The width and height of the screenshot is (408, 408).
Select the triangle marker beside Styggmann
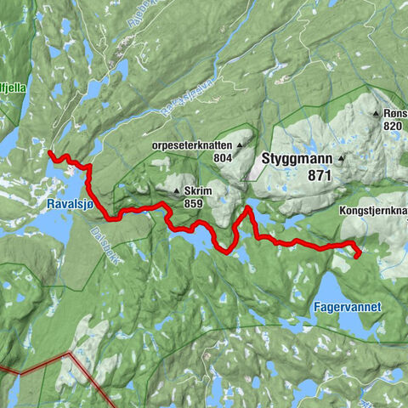click(x=342, y=158)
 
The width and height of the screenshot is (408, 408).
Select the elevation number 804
click(x=224, y=157)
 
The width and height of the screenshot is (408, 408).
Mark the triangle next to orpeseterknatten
click(x=241, y=145)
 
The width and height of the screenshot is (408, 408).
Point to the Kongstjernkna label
click(x=374, y=208)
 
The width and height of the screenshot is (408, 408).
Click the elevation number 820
click(x=392, y=125)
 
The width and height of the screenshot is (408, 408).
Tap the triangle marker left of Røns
click(x=375, y=113)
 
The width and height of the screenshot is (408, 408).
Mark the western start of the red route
click(x=51, y=153)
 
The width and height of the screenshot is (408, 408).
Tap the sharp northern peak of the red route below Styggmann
click(x=247, y=207)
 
